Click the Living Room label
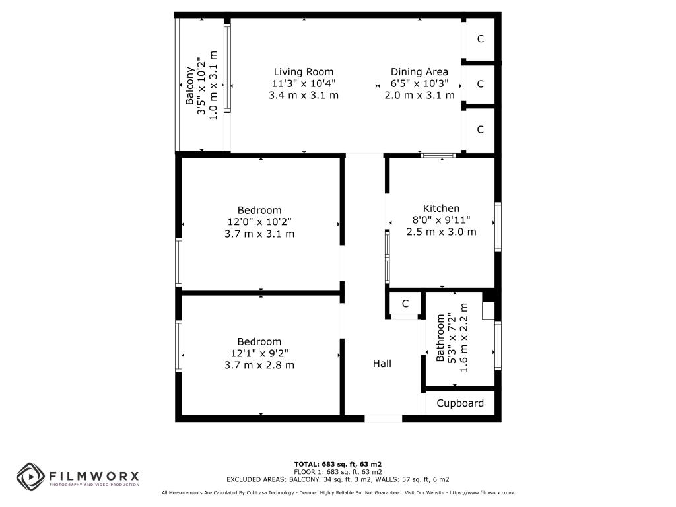[304, 72]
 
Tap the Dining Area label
[419, 72]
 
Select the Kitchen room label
[441, 208]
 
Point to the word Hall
[382, 364]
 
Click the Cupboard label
[460, 403]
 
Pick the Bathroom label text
[440, 338]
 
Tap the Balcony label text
[189, 86]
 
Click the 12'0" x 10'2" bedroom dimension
[259, 222]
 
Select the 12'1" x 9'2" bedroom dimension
[259, 354]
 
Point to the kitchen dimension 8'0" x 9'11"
[441, 220]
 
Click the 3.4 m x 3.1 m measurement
[304, 95]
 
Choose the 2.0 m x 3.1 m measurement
[419, 95]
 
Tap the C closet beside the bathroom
[405, 304]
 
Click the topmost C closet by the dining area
[481, 39]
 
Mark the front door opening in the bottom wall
[384, 418]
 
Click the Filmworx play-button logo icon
[30, 477]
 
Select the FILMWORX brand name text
[94, 477]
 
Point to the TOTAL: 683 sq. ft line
[337, 465]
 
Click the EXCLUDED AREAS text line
[337, 479]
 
